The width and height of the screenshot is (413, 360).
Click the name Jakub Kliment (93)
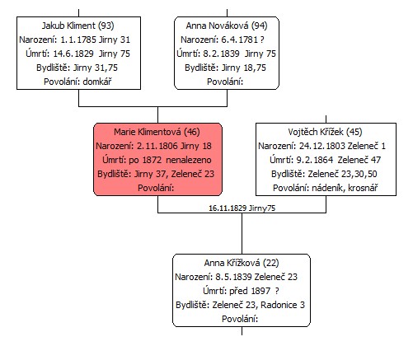(x=77, y=26)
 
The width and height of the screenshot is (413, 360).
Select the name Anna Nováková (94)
(x=227, y=26)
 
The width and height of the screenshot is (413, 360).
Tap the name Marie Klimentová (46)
(x=157, y=132)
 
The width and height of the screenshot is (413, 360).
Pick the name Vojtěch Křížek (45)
(x=325, y=132)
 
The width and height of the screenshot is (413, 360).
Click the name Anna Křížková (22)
(x=242, y=263)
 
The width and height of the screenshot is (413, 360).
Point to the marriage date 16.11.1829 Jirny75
(x=242, y=208)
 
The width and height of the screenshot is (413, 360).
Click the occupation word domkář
(x=97, y=82)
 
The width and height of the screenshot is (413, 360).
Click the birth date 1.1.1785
(x=78, y=40)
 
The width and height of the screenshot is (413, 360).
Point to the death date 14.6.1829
(x=73, y=54)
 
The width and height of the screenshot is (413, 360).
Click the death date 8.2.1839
(x=221, y=54)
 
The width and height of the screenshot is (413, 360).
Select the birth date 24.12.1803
(x=322, y=146)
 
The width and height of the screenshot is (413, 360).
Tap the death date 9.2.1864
(x=315, y=160)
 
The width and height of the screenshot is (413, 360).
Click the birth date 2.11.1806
(x=157, y=146)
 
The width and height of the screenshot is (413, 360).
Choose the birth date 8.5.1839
(x=233, y=277)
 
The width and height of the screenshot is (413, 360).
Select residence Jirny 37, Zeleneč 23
(x=174, y=174)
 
